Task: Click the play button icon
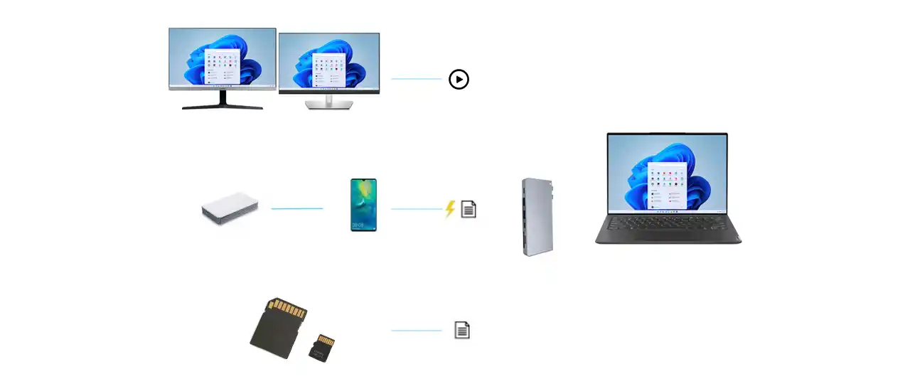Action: pos(459,79)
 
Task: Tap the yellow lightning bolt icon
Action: pos(449,209)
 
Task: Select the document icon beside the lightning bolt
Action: pos(469,209)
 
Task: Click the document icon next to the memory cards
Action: pos(462,330)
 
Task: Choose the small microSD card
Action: pos(322,347)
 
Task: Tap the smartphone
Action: pos(363,205)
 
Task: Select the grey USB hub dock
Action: pos(537,217)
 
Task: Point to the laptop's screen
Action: pos(667,173)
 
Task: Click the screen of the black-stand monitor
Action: pos(223,58)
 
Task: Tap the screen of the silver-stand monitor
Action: pos(329,62)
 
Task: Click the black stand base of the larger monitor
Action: pos(223,106)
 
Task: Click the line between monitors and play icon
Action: pos(417,79)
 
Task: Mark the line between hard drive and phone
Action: pos(297,208)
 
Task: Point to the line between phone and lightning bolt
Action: pos(417,208)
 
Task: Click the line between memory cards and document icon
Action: pos(417,330)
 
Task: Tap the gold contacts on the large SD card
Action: pos(289,309)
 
